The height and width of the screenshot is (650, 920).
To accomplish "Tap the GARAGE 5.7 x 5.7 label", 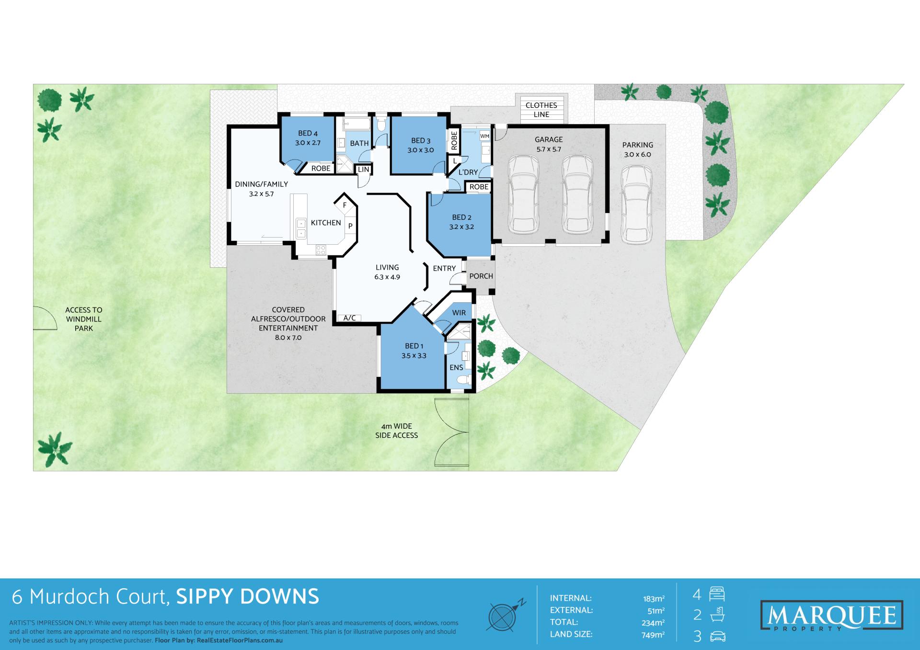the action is coord(549,144).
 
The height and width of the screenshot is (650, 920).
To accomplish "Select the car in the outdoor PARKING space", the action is coord(636,205).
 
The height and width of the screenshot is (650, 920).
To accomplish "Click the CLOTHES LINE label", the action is coord(541,110).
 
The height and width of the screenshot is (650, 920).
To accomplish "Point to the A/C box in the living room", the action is coord(349,318).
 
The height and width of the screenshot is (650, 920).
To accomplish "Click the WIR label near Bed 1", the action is coord(459,313).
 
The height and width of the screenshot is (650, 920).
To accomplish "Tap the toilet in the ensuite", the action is coord(463,380).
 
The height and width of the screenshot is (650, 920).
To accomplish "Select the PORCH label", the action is coord(481,276).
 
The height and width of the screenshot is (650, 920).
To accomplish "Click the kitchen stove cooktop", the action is coord(321,250).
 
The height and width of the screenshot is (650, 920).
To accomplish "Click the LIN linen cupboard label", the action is coord(364,169).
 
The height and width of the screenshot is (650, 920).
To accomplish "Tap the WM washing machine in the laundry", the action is coord(484,136).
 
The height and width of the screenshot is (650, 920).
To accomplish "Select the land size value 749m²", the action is coord(653,635).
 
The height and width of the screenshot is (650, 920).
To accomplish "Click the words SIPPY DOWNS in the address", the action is coord(248,597).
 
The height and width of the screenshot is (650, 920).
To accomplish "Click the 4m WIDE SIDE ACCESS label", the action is coord(396,431).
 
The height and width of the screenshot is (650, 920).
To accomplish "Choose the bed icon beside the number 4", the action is coord(717,594).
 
